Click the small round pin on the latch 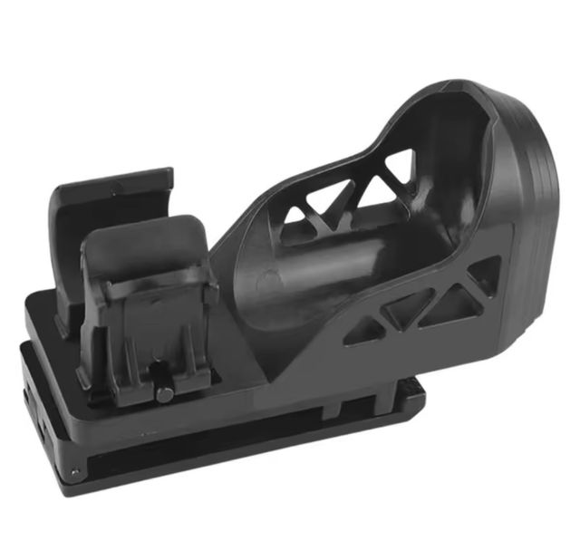[163, 392]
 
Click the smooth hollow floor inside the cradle [299, 290]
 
